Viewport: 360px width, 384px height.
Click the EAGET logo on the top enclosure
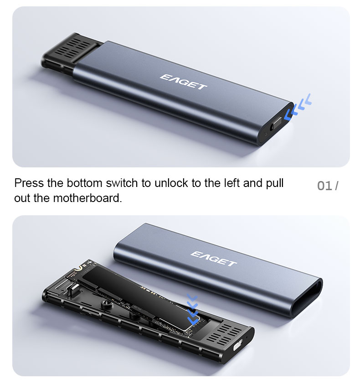(x=183, y=82)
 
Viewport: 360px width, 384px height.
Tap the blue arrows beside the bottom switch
(x=298, y=107)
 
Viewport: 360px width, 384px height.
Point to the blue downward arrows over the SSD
(x=193, y=310)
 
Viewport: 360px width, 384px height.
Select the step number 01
(x=324, y=186)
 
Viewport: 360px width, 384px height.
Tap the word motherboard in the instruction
(x=87, y=198)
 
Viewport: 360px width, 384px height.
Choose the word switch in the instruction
(x=122, y=183)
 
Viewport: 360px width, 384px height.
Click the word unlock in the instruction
(x=172, y=183)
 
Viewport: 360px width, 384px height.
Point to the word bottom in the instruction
(x=84, y=183)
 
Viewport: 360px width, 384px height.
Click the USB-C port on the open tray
(x=237, y=347)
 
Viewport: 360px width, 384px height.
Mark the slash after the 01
(x=337, y=186)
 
